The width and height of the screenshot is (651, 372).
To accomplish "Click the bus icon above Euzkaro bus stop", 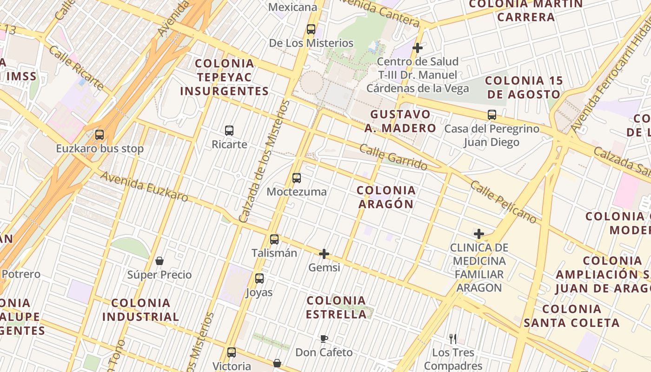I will pos(99,135).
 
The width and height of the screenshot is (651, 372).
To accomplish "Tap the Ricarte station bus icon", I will pos(229,130).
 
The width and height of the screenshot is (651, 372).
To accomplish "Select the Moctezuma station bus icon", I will pos(296,178).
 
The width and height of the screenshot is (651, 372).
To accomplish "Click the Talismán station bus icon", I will pos(274,239).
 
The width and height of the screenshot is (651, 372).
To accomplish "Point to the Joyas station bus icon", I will pos(259,279).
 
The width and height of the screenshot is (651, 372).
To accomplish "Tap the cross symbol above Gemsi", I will pos(324,254).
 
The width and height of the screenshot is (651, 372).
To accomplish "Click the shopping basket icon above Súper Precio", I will pos(159,261).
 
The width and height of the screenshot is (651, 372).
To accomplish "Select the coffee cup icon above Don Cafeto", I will pos(324,339).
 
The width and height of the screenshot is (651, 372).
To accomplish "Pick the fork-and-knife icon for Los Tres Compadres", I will pos(453,339).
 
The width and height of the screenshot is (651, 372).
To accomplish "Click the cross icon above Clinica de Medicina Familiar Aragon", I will pos(479,233).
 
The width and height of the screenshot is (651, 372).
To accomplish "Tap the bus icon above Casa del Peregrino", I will pos(492,114).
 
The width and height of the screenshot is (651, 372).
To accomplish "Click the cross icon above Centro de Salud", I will pos(418,47).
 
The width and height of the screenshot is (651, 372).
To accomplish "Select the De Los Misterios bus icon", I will pos(311,29).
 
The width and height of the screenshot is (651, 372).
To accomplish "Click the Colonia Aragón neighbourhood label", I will pos(385,197).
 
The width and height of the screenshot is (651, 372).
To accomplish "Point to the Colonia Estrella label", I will pos(336,307).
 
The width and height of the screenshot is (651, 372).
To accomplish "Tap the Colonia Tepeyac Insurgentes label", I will pos(225,77).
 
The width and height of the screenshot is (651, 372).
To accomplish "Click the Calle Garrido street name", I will pos(393,157).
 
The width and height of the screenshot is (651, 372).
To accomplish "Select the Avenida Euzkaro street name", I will pos(144,186).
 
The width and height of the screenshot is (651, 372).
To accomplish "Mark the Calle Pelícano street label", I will pos(503,201).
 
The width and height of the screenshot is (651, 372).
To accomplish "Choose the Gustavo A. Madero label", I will pos(400,121).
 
